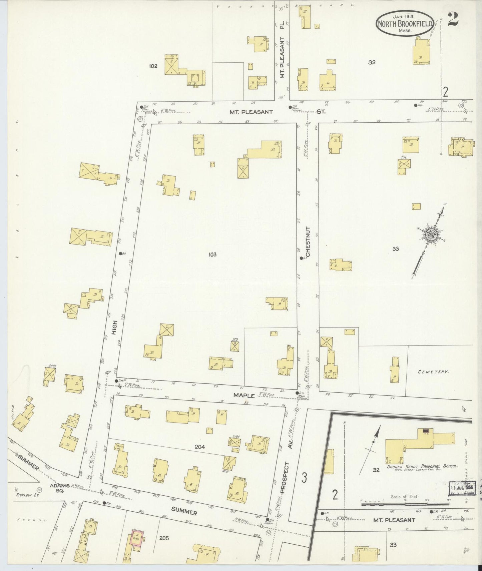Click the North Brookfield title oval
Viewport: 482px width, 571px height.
pyautogui.click(x=405, y=23)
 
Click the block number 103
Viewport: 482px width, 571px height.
pyautogui.click(x=212, y=255)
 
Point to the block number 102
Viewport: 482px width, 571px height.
pyautogui.click(x=153, y=66)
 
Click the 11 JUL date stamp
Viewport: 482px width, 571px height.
pyautogui.click(x=463, y=487)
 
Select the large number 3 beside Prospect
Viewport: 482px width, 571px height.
pyautogui.click(x=304, y=477)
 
